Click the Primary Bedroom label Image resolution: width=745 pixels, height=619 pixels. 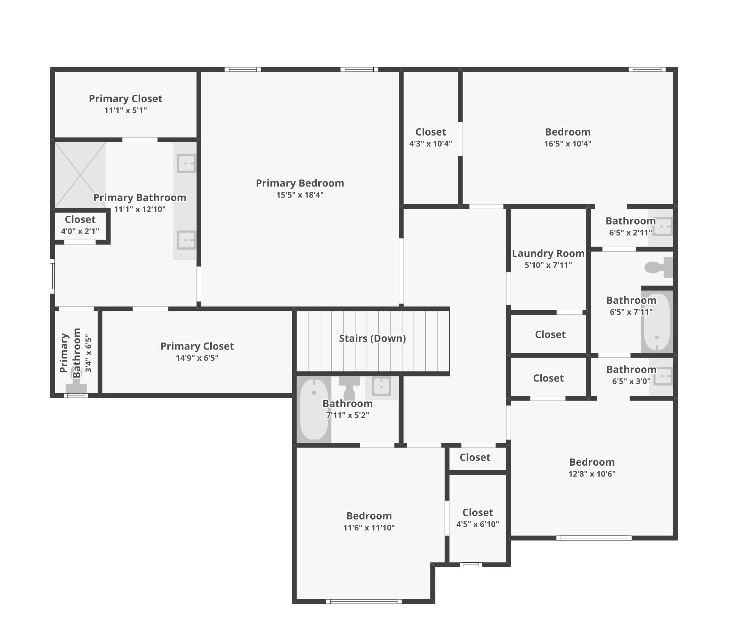[x=300, y=183]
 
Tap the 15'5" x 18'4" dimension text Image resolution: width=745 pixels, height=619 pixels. [x=300, y=195]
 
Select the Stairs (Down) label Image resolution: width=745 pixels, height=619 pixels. [x=372, y=338]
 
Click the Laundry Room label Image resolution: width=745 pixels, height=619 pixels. [x=548, y=253]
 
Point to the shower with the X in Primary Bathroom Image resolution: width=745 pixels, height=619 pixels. [x=80, y=175]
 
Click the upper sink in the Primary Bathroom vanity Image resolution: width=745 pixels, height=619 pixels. [x=186, y=164]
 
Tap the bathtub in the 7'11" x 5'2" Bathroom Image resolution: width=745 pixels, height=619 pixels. [x=314, y=409]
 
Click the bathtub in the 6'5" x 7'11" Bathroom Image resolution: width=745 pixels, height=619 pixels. [x=657, y=321]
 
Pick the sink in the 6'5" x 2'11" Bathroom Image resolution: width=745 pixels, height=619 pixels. [x=662, y=226]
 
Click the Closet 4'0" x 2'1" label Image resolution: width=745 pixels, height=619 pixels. [x=80, y=220]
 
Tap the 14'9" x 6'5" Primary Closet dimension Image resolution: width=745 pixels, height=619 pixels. [x=197, y=358]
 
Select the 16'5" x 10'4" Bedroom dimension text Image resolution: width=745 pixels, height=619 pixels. [x=568, y=144]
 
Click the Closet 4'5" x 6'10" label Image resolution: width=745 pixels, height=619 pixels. [x=478, y=513]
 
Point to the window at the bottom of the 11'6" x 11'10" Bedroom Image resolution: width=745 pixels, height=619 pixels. [x=364, y=601]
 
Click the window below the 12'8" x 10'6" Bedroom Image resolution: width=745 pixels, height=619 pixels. [x=593, y=538]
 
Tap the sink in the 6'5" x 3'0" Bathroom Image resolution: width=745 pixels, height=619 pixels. [x=663, y=376]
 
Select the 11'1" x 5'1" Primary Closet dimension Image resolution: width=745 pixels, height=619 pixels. [x=125, y=110]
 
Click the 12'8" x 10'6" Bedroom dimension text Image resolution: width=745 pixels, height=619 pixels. [x=592, y=474]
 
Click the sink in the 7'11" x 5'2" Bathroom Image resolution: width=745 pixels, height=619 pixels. [x=381, y=386]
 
